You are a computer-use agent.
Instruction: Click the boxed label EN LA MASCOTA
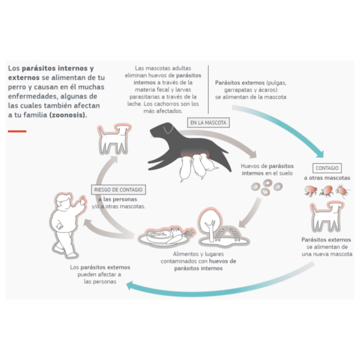click(208, 123)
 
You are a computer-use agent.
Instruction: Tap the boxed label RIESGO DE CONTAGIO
click(118, 189)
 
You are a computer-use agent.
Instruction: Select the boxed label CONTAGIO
click(327, 168)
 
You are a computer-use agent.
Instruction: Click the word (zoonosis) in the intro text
click(68, 115)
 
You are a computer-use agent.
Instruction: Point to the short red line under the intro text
click(17, 131)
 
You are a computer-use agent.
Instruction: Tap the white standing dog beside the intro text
click(115, 139)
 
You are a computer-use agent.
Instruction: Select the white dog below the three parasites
click(327, 216)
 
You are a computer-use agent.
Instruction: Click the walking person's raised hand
click(82, 201)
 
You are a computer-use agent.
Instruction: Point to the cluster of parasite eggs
click(267, 187)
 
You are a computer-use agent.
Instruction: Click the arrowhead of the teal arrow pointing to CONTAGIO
click(320, 154)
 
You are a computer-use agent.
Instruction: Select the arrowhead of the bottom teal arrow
click(130, 285)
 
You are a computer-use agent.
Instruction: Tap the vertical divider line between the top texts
click(208, 89)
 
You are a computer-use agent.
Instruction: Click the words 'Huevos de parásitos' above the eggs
click(267, 166)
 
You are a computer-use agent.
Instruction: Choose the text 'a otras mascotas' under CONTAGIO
click(327, 178)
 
